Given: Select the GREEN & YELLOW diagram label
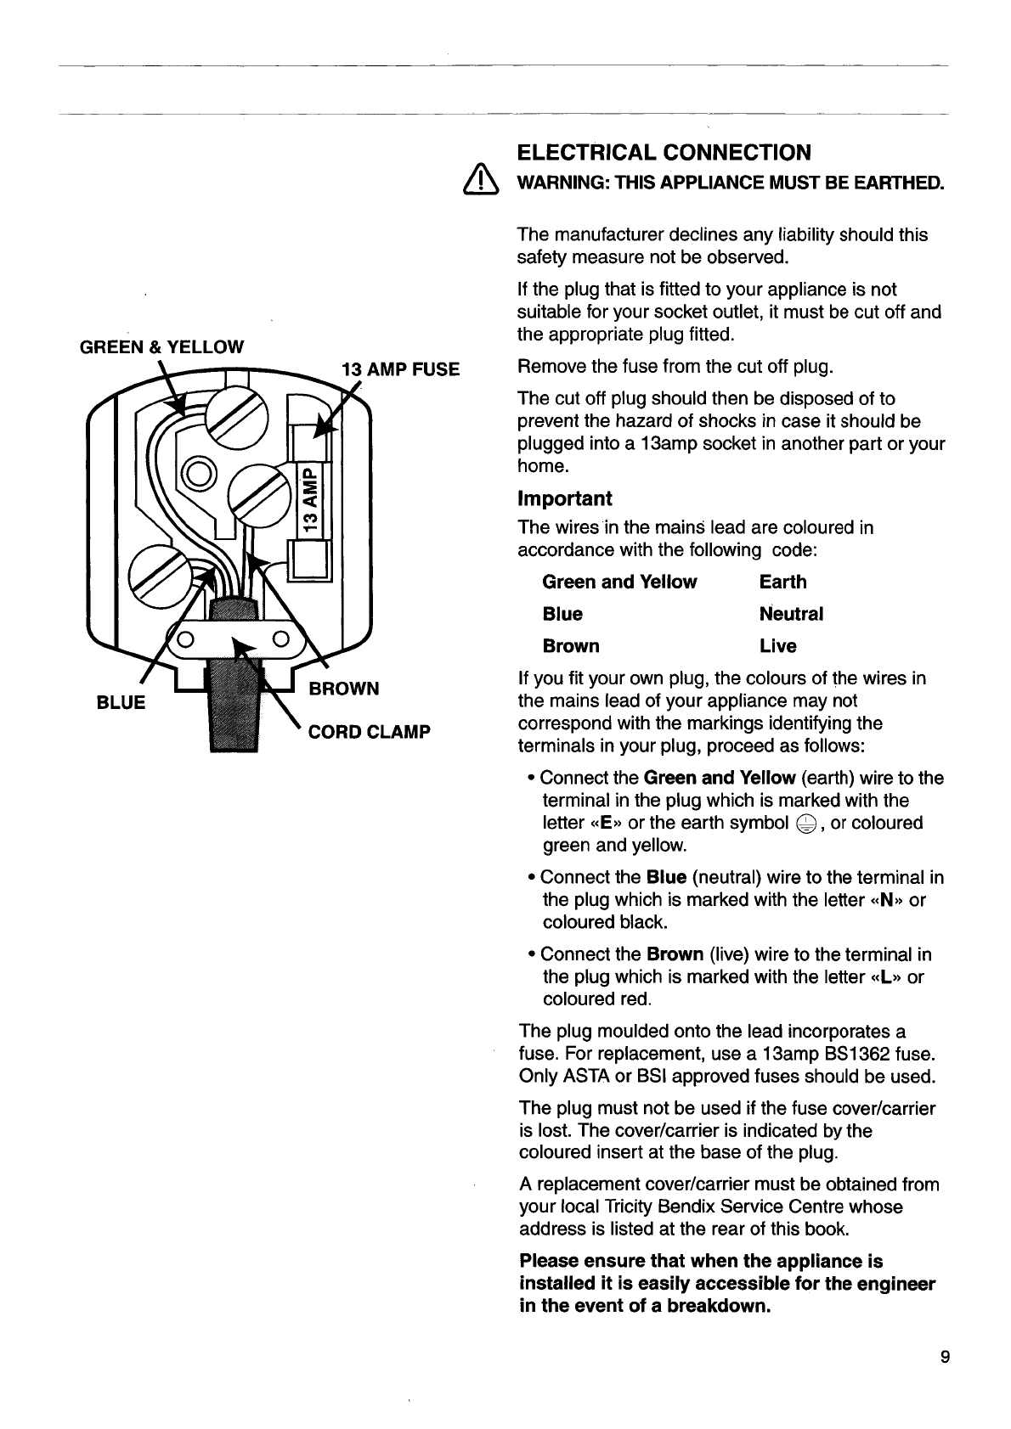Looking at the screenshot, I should [x=161, y=346].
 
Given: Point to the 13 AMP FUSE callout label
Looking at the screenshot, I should [x=399, y=369].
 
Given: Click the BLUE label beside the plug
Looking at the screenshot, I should [x=121, y=703].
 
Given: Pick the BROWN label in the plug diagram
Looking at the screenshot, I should [x=343, y=688].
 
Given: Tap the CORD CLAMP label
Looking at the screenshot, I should [x=369, y=732].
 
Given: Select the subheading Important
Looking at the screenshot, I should [x=565, y=498].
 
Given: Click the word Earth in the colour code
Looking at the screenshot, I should [x=783, y=582].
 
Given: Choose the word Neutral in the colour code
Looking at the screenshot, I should [x=791, y=614].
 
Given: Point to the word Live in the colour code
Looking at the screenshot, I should [x=778, y=646].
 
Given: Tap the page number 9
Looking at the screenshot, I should [x=946, y=1355].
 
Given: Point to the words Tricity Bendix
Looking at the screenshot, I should [x=681, y=1207].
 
